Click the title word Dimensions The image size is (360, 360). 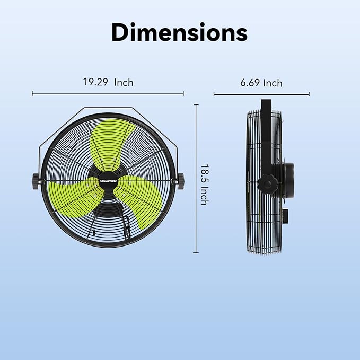click(x=179, y=32)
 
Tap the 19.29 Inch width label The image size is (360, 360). click(x=108, y=82)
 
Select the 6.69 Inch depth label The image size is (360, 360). click(x=261, y=83)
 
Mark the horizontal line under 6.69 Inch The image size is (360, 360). click(x=261, y=95)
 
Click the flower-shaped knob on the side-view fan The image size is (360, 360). click(x=267, y=185)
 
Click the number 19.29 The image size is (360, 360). click(x=92, y=82)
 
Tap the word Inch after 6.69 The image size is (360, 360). click(x=273, y=83)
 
